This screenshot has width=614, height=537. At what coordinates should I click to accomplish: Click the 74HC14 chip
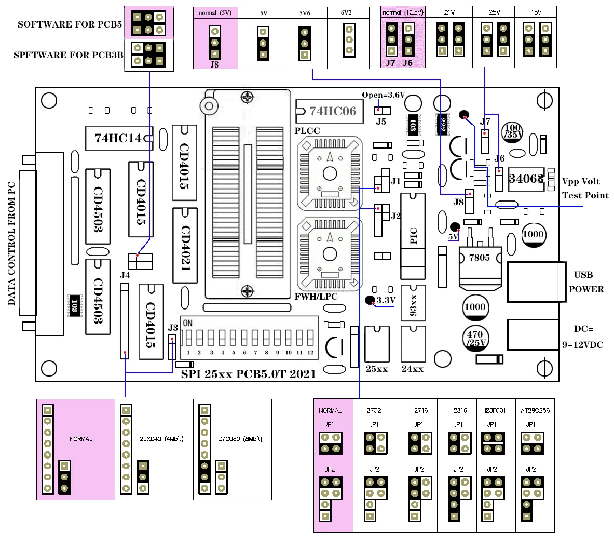[118, 138]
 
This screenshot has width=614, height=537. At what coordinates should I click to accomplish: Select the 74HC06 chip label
[333, 111]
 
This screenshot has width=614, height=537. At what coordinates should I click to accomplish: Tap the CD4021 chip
[185, 246]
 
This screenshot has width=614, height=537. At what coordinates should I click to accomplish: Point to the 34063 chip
[526, 179]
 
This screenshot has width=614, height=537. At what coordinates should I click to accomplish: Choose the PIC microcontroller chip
[413, 236]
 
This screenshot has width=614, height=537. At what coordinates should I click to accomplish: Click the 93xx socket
[413, 302]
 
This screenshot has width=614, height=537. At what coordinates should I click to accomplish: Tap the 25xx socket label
[377, 369]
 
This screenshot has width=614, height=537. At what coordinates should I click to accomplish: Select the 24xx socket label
[413, 369]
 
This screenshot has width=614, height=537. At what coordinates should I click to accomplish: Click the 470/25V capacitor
[475, 338]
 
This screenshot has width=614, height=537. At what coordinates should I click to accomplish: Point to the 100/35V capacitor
[513, 131]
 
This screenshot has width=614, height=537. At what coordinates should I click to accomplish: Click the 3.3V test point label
[386, 300]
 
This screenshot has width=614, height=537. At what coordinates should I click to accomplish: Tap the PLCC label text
[307, 131]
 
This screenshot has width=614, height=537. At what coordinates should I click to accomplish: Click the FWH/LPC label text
[316, 297]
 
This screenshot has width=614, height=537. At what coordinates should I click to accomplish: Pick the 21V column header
[449, 12]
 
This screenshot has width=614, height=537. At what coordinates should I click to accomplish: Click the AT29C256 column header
[535, 410]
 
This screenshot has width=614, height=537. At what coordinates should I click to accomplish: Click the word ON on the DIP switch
[188, 323]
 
